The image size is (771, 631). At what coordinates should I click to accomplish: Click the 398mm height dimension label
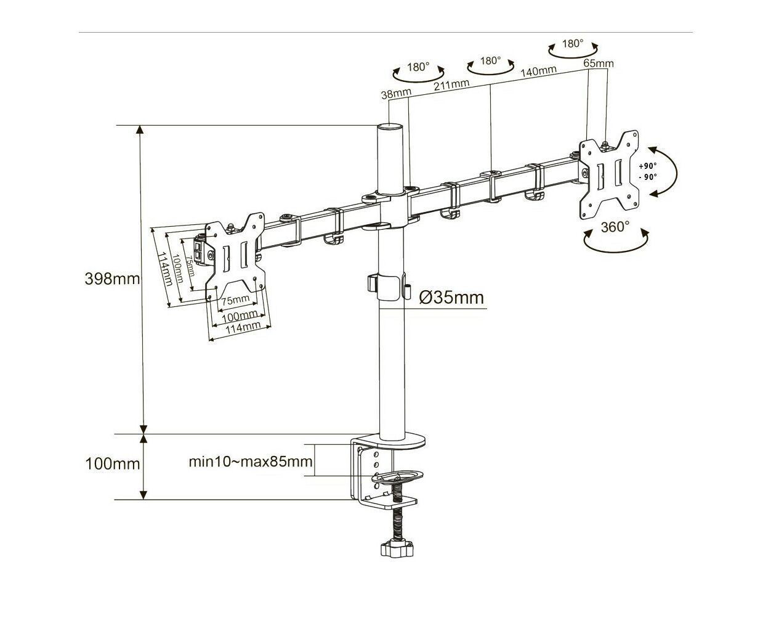(x=112, y=279)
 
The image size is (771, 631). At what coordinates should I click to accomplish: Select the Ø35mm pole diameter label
(x=451, y=298)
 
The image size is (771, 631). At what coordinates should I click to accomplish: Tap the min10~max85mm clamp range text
(x=251, y=462)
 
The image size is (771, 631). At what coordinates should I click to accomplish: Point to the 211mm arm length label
(x=451, y=85)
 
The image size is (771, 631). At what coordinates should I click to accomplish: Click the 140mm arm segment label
(x=539, y=71)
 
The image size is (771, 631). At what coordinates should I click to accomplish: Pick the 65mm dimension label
(x=599, y=63)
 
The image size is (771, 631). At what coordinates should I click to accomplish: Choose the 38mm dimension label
(x=396, y=94)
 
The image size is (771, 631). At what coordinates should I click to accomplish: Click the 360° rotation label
(x=615, y=227)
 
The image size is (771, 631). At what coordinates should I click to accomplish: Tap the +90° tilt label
(x=648, y=166)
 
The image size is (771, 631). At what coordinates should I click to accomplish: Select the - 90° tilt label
(x=648, y=177)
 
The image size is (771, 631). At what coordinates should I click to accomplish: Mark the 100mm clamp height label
(x=112, y=464)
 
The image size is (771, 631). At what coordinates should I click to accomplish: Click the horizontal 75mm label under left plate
(x=235, y=300)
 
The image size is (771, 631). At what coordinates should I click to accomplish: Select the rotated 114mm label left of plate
(x=166, y=269)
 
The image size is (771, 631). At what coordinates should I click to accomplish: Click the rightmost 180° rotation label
(x=573, y=44)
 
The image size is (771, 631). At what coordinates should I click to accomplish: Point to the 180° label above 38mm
(x=418, y=67)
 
